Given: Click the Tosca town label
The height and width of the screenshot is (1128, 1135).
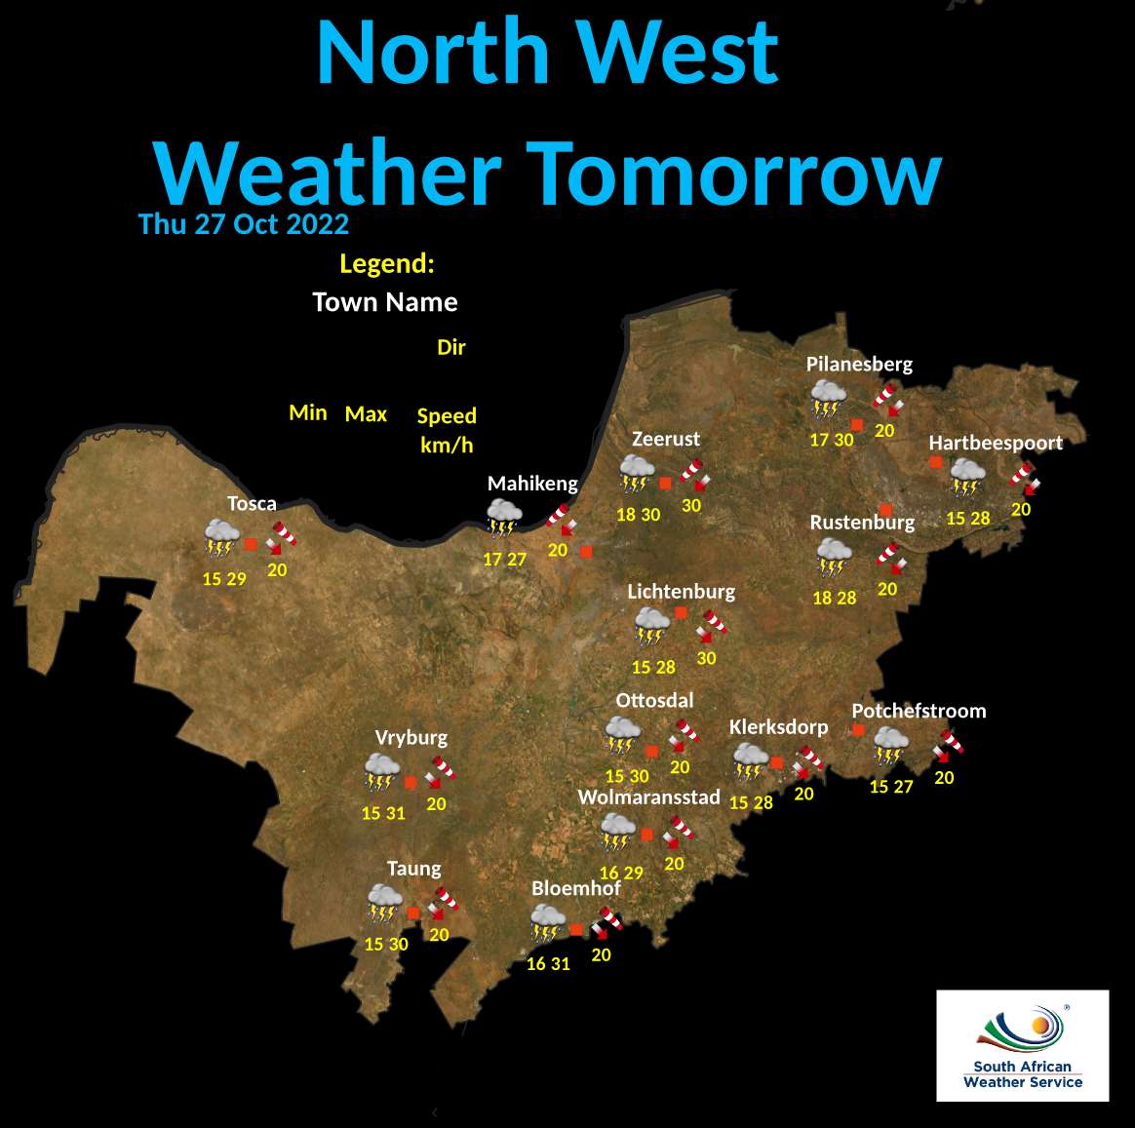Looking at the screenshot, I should click(x=252, y=503).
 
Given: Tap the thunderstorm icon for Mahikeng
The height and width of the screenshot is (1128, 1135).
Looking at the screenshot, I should click(x=504, y=518).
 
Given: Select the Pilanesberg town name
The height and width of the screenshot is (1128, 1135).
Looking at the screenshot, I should click(x=859, y=364).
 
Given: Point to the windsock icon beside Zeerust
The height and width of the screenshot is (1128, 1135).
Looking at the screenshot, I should click(x=695, y=474).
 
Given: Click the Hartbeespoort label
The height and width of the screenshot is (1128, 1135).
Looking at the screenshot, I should click(x=995, y=443).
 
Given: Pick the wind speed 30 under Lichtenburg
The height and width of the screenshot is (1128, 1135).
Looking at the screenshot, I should click(x=706, y=658).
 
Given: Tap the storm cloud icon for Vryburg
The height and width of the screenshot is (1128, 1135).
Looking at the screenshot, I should click(x=381, y=771).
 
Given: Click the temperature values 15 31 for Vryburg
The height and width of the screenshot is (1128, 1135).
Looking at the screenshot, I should click(x=382, y=813).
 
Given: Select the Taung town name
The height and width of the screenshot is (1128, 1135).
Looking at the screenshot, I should click(x=413, y=869).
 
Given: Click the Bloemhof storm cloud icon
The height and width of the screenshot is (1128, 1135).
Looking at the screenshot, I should click(x=548, y=922).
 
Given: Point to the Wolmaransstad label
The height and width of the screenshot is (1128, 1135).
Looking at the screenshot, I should click(x=648, y=797).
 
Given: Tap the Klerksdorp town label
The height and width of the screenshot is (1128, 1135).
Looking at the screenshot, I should click(x=778, y=727).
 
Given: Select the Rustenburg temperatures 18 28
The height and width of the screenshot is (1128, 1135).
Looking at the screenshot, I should click(x=834, y=598).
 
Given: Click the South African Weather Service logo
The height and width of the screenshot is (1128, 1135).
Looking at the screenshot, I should click(x=1022, y=1046).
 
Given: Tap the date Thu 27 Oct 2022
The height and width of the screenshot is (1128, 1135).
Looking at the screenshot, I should click(x=244, y=224).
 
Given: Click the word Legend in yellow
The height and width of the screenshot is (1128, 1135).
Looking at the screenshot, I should click(x=386, y=263).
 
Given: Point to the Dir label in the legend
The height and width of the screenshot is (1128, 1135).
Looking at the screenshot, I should click(x=451, y=347).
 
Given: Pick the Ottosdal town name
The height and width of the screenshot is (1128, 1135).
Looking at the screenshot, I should click(x=654, y=700).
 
